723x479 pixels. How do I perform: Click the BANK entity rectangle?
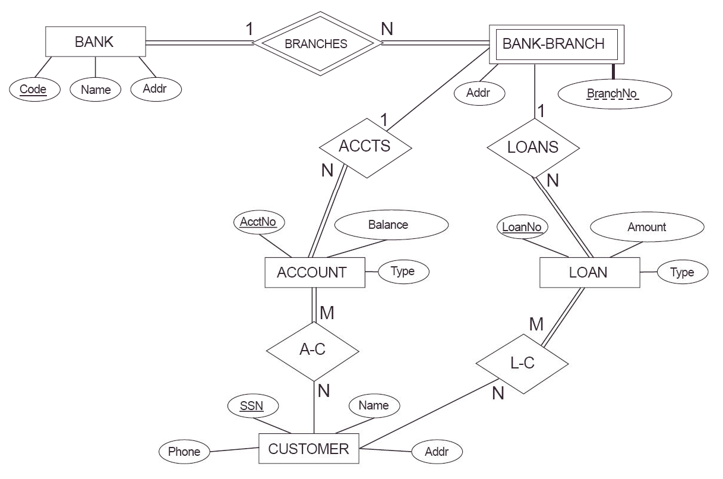tap(95, 42)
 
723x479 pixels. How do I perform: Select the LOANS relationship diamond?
tap(533, 147)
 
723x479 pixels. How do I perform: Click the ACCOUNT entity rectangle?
tap(314, 273)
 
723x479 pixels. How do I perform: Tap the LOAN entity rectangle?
tap(589, 273)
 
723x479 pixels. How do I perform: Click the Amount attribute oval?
tap(646, 227)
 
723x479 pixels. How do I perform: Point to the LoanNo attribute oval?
tap(522, 226)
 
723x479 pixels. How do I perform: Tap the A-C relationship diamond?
tap(312, 350)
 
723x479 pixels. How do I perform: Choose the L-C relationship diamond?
tap(523, 364)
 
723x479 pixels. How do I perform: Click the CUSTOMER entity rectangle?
tap(309, 449)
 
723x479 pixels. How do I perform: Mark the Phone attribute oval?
tap(184, 452)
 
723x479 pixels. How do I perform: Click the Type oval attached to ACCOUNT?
tap(403, 272)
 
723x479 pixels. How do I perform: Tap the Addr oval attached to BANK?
tap(154, 89)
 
